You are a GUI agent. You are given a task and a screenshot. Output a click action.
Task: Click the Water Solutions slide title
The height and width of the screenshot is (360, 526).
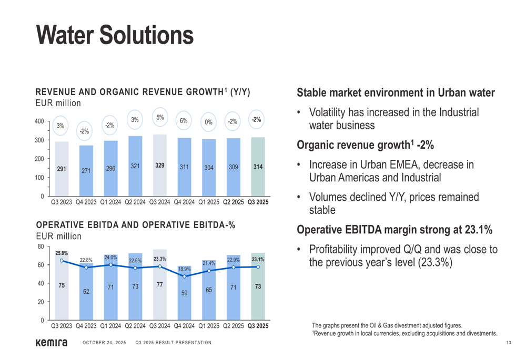[x=115, y=35]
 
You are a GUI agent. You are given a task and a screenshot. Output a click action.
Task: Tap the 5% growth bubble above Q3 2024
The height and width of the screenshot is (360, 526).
[x=160, y=118]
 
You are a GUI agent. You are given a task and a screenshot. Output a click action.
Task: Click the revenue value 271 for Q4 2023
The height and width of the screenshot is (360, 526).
[x=86, y=171]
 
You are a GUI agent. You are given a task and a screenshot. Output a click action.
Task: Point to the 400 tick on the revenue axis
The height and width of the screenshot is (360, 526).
[x=39, y=121]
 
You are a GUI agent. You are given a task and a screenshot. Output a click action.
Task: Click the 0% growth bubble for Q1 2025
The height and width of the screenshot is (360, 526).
[x=209, y=122]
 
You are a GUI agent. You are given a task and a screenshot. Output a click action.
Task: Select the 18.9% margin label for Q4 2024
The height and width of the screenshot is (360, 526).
[x=184, y=269]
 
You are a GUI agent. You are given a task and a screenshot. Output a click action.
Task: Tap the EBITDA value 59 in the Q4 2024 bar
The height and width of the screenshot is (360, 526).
[x=184, y=293]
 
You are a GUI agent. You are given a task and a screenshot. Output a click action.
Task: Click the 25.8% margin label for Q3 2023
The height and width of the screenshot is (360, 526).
[x=62, y=253]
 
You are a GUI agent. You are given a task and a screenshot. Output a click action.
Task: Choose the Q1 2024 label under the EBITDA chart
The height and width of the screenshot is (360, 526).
[x=110, y=326]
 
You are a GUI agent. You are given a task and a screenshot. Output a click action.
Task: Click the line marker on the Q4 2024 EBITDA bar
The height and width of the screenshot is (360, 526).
[x=184, y=276]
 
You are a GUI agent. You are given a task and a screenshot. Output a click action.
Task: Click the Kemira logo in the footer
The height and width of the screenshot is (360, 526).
[x=51, y=343]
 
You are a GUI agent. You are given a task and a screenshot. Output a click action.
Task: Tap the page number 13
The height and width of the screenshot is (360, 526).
[x=509, y=343]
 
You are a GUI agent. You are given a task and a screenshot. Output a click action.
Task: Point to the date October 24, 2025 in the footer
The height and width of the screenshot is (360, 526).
[x=104, y=343]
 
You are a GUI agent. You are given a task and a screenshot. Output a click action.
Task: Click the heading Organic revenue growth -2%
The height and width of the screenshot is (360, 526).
[x=365, y=145]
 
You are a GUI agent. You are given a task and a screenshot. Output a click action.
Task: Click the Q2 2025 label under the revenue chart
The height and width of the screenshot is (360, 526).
[x=234, y=202]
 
